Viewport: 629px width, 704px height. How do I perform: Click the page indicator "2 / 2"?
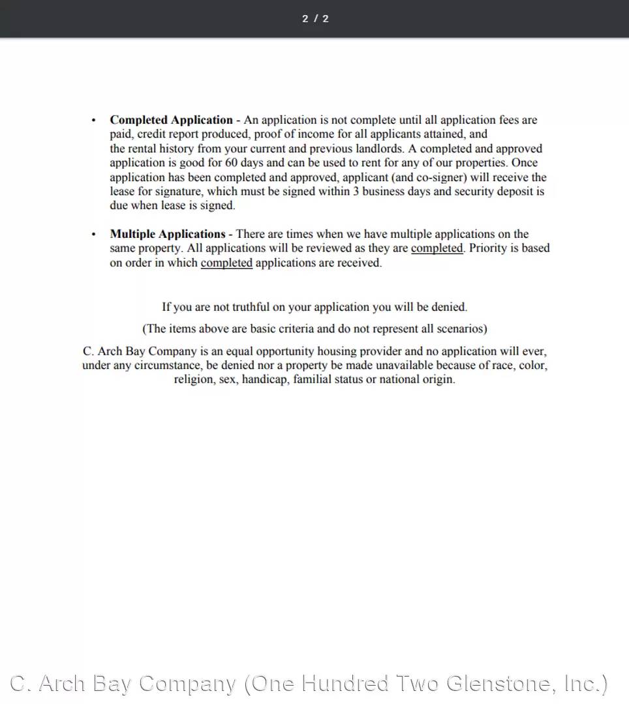[x=315, y=18]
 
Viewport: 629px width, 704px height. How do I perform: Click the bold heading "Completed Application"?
[x=171, y=120]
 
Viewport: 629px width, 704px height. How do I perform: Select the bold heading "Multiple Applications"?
[x=168, y=234]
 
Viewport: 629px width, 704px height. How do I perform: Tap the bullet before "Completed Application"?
[x=94, y=121]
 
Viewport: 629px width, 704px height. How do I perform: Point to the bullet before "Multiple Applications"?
[x=94, y=235]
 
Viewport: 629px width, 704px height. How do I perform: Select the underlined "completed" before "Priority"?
[x=437, y=248]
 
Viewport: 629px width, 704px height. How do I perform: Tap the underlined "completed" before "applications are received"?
[x=226, y=263]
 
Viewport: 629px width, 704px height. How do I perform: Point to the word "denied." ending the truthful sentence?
[x=450, y=307]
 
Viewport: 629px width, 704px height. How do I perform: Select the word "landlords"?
[x=378, y=149]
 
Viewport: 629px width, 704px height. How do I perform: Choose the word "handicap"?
[x=264, y=379]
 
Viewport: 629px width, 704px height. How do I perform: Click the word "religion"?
[x=194, y=379]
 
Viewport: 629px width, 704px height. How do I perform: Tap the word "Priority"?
[x=491, y=248]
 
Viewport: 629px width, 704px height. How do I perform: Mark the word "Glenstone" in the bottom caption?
[x=499, y=683]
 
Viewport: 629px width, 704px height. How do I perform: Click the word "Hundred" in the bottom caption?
[x=346, y=683]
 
